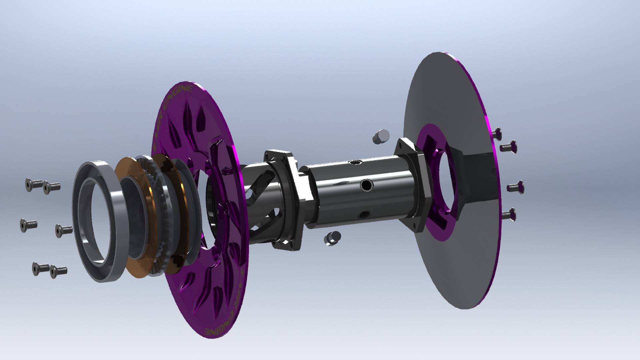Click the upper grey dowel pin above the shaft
pyautogui.click(x=381, y=136)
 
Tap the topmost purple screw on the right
pyautogui.click(x=497, y=133)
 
